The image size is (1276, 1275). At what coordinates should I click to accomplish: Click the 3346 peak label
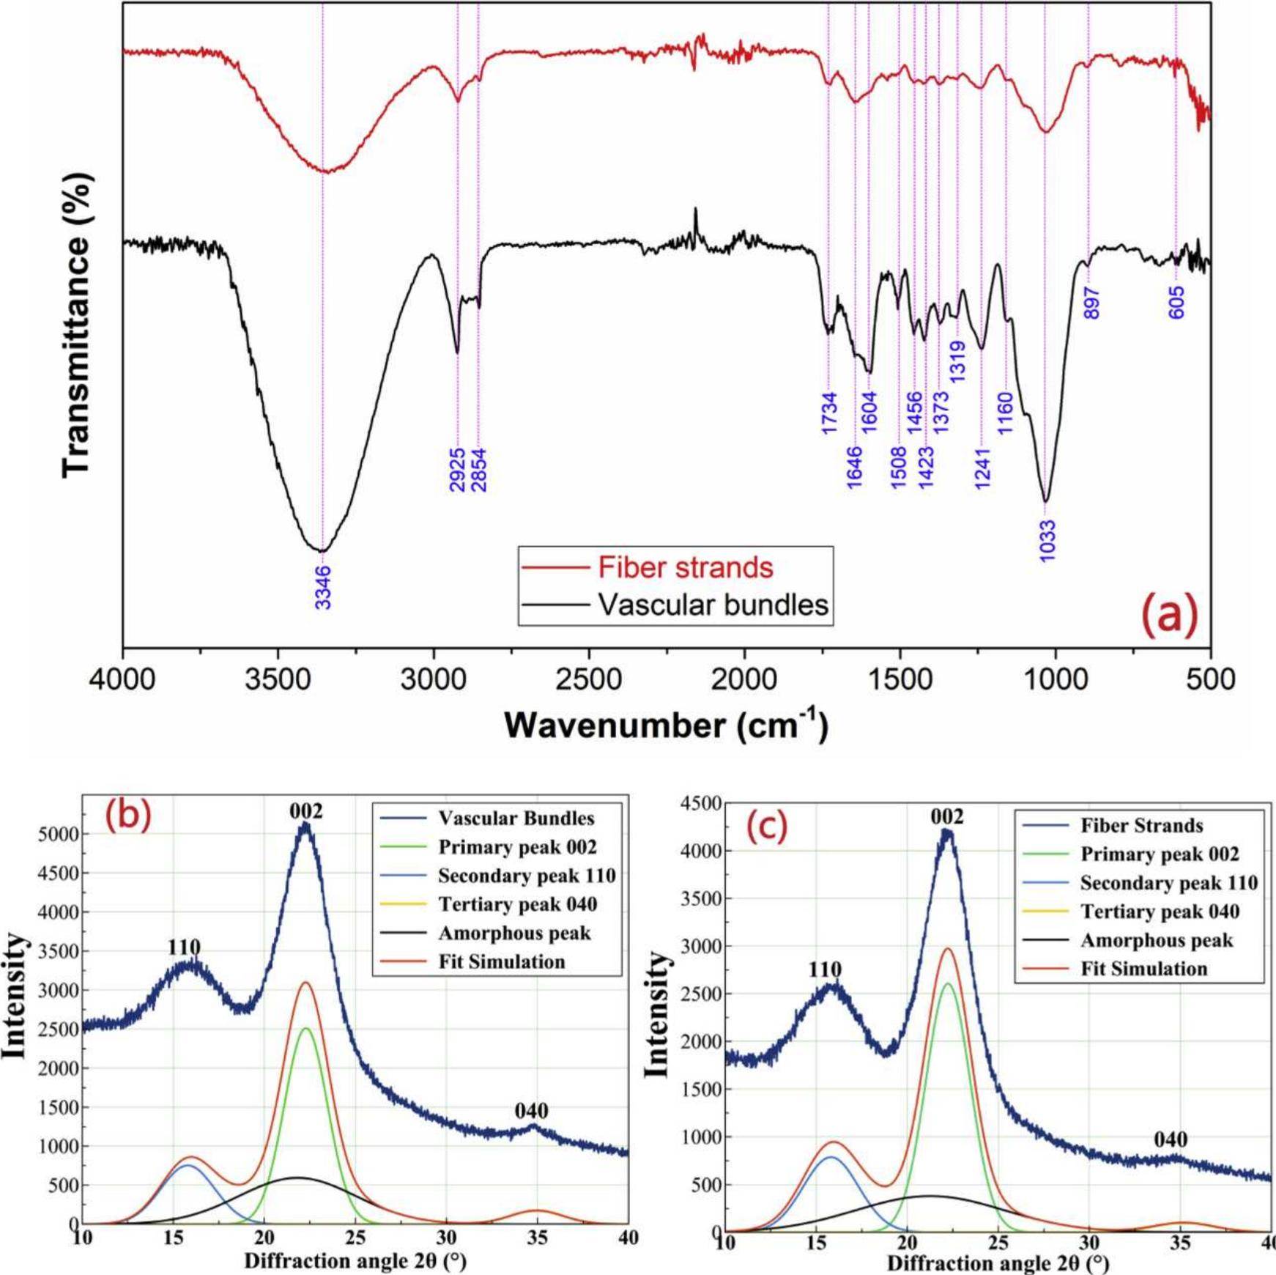tap(323, 587)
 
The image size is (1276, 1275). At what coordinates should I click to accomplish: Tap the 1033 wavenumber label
tap(1047, 541)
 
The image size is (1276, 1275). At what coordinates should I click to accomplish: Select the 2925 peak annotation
tap(457, 470)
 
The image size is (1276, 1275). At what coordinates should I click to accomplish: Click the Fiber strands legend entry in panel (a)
tap(685, 567)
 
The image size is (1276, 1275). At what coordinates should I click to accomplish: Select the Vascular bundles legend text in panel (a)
tap(713, 605)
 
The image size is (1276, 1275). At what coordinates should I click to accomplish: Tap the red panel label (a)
tap(1170, 614)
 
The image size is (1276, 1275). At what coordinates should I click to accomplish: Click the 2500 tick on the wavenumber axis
tap(588, 679)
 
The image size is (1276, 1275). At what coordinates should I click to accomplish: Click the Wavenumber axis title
tap(665, 725)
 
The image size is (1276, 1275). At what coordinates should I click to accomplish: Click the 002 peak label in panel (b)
tap(305, 811)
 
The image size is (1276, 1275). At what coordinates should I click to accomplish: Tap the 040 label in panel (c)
tap(1171, 1139)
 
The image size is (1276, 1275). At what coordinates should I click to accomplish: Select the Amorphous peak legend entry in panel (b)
tap(514, 933)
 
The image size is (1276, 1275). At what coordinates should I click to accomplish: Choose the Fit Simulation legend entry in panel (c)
tap(1143, 969)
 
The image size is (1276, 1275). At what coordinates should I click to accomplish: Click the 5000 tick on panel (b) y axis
tap(57, 835)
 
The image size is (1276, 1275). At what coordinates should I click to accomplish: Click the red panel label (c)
tap(766, 827)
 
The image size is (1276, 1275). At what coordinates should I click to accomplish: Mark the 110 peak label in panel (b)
tap(184, 947)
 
